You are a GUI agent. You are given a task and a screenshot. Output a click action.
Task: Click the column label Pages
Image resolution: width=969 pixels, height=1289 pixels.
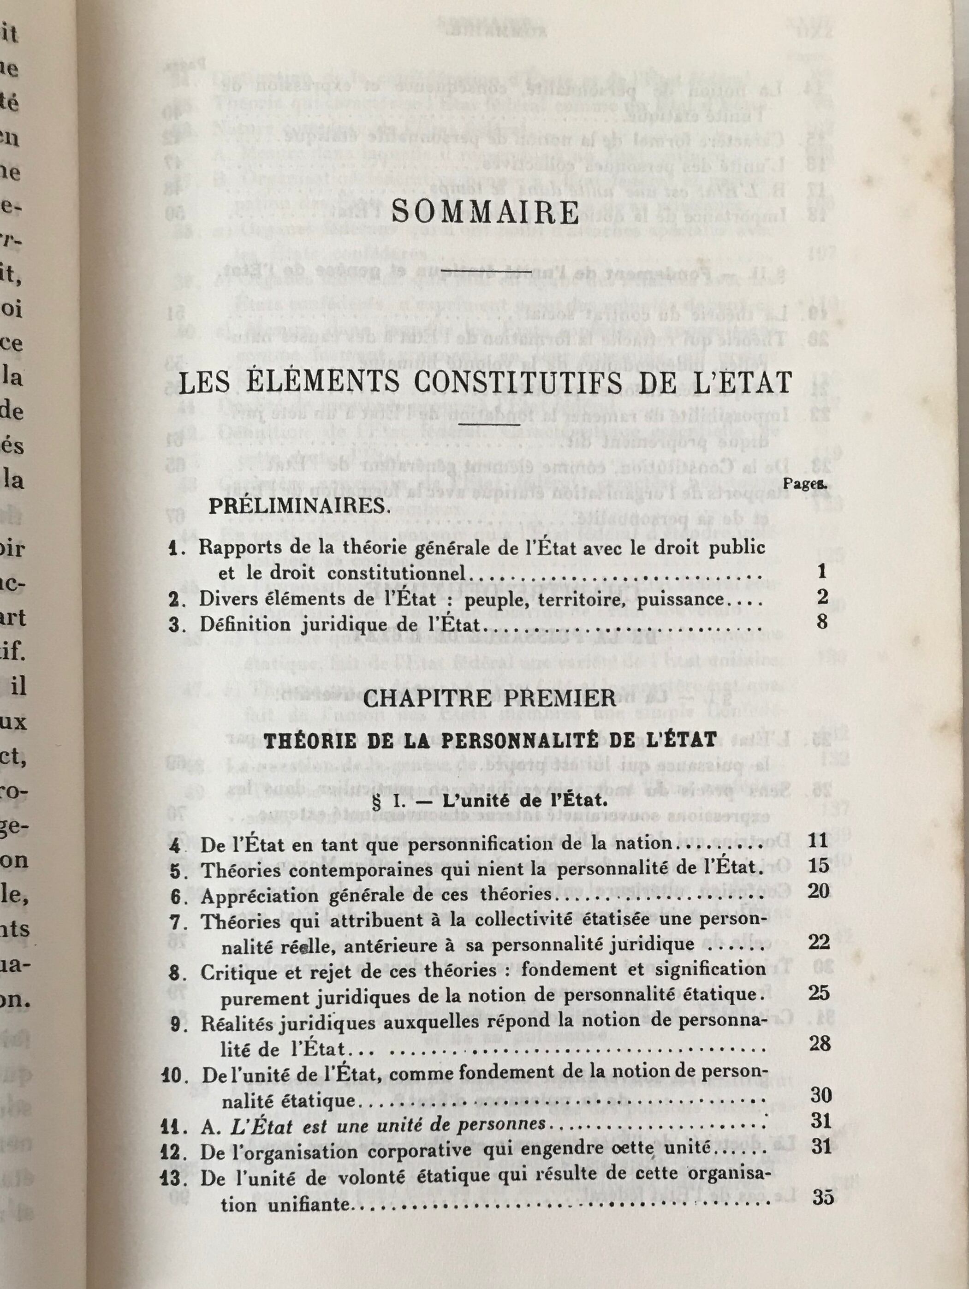click(803, 483)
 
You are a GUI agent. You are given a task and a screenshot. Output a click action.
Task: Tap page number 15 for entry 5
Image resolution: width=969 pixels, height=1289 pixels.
click(819, 865)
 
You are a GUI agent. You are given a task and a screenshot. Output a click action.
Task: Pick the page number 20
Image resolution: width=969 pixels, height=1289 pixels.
click(819, 891)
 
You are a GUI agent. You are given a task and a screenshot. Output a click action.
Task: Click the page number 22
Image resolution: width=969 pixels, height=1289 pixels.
click(819, 943)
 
